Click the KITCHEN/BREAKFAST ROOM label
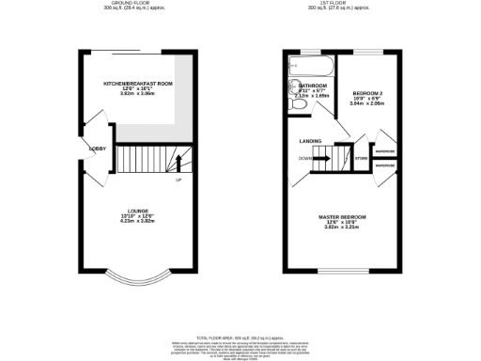138,84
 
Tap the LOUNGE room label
139,211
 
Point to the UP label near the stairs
178,180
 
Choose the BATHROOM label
313,85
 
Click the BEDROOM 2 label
366,93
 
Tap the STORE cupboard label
362,158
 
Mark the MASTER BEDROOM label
345,217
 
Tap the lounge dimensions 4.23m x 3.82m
139,222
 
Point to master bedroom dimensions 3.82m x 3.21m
345,228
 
